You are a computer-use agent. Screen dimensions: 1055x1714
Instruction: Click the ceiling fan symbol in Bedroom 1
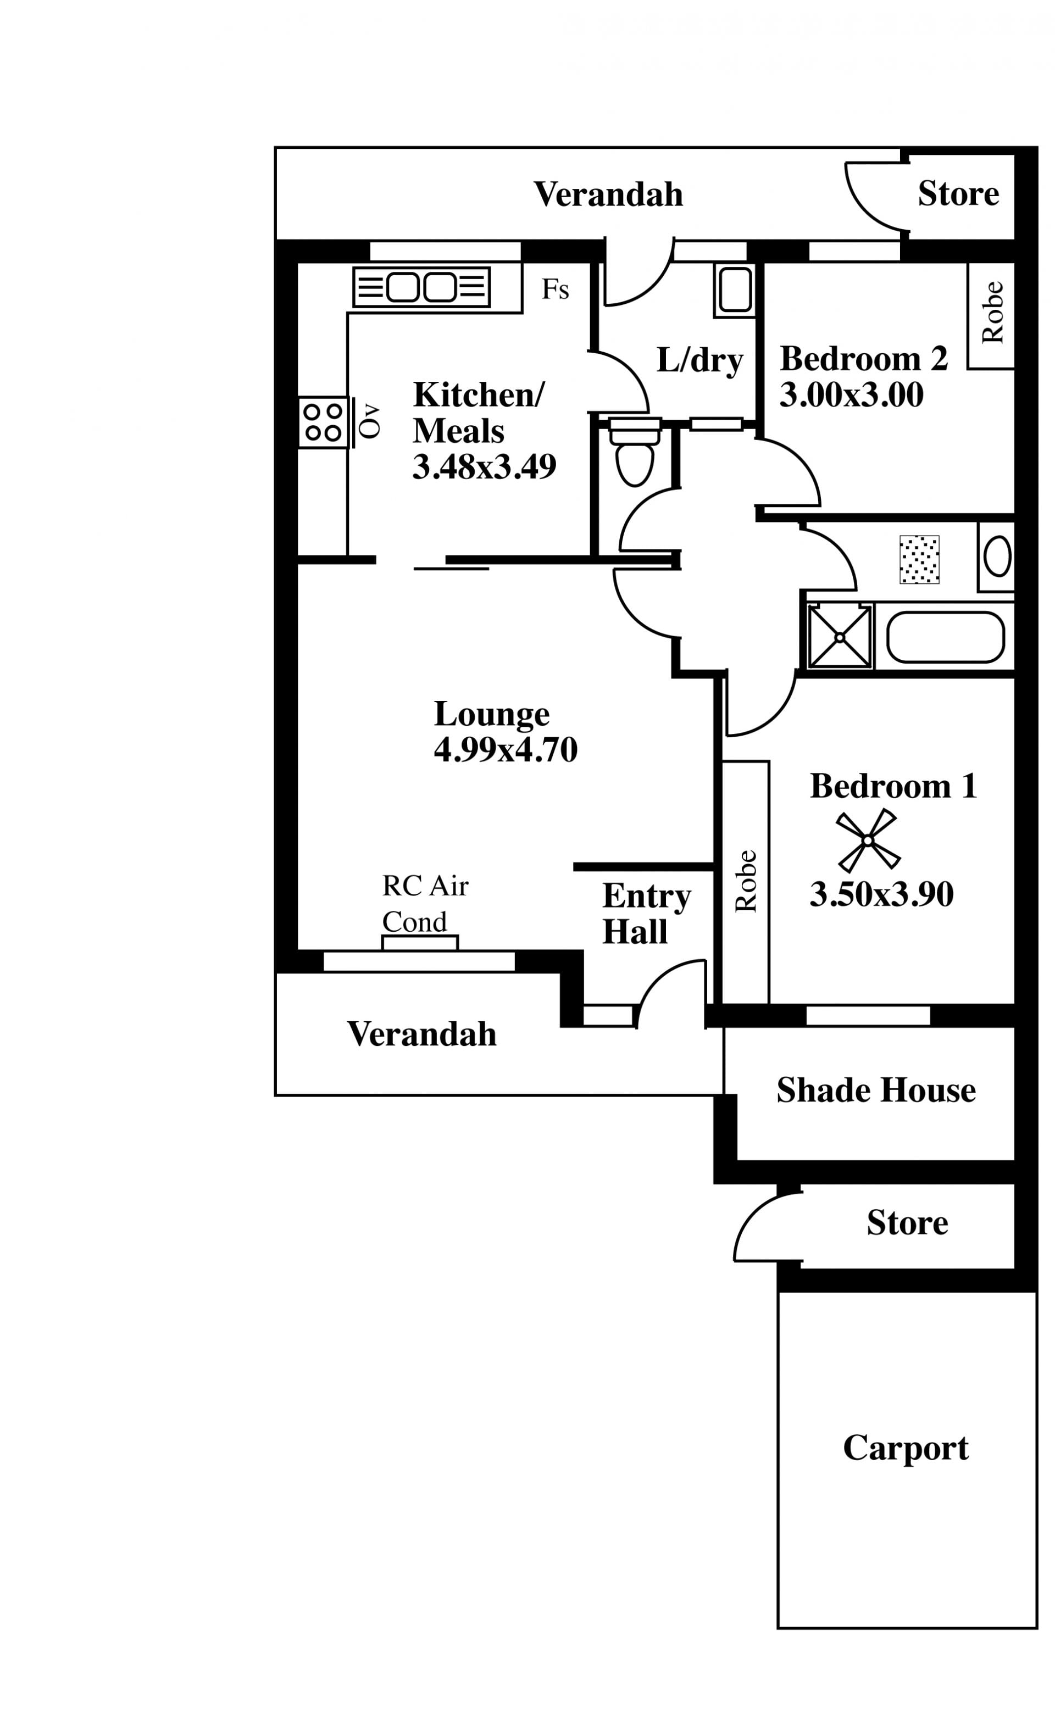point(868,841)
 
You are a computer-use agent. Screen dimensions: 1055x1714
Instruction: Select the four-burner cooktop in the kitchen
point(323,422)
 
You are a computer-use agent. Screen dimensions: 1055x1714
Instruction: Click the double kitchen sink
point(421,287)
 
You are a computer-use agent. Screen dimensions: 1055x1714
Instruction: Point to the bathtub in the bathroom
point(946,637)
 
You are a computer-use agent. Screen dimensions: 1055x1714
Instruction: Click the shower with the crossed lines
point(840,636)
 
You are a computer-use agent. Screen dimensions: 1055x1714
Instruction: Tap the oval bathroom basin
point(998,555)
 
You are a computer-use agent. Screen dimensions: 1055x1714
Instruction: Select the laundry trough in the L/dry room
point(735,290)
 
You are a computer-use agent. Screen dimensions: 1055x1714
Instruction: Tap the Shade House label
point(876,1089)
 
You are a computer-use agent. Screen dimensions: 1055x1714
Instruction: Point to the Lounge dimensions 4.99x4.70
point(506,750)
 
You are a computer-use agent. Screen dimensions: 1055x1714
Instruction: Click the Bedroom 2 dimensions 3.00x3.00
point(851,395)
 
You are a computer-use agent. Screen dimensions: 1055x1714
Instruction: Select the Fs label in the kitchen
point(556,289)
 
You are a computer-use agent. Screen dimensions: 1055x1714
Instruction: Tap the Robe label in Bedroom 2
point(992,313)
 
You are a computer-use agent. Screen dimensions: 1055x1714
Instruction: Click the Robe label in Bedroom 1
point(746,881)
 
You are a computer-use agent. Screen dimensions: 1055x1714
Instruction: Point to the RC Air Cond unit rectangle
point(420,943)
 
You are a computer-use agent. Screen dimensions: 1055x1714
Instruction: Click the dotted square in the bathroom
point(920,559)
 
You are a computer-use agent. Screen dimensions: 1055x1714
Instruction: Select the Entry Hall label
point(646,913)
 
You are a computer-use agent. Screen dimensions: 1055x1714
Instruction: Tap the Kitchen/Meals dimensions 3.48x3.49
point(484,467)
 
